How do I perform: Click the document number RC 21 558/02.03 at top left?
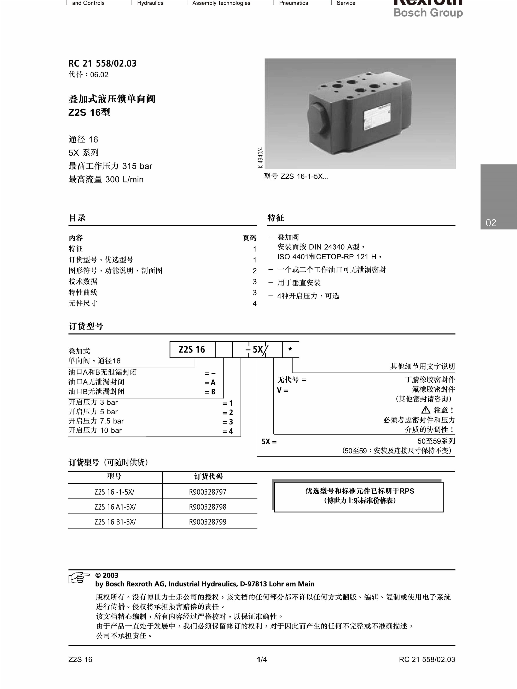tap(103, 64)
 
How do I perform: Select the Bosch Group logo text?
tap(428, 13)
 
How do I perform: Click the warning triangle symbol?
tap(426, 410)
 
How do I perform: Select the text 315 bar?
tap(137, 166)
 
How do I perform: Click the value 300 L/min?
tap(124, 179)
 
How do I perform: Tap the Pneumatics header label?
tap(293, 3)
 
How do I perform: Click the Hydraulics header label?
tap(150, 3)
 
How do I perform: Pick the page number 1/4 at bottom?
tap(262, 659)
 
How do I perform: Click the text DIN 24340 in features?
tap(327, 247)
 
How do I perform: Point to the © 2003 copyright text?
tap(107, 575)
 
